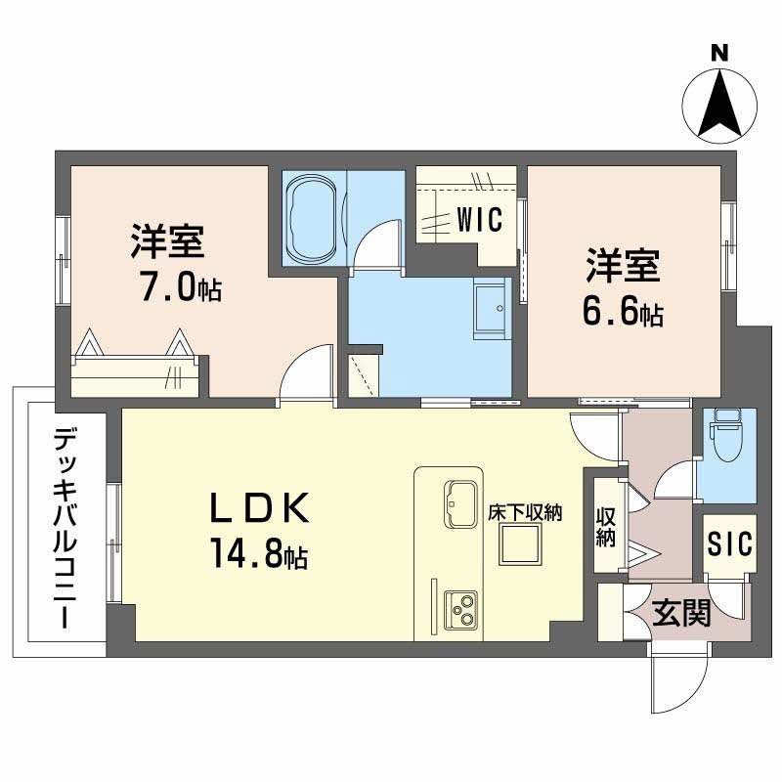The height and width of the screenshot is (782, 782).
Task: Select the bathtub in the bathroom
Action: click(312, 219)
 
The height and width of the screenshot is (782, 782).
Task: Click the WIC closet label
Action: click(479, 220)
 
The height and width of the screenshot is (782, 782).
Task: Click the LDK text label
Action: click(259, 509)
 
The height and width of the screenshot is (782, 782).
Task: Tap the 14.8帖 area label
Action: click(257, 556)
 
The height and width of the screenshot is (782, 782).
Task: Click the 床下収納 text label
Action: click(526, 511)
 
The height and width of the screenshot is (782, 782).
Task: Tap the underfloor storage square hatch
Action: click(521, 544)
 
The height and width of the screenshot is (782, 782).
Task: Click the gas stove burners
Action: click(460, 610)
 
